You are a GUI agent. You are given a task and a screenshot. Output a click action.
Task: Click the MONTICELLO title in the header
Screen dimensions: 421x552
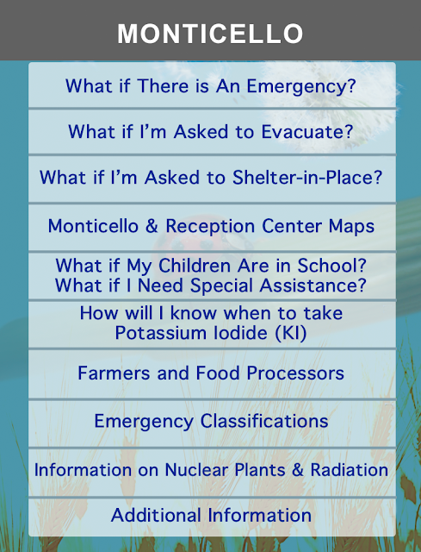[210, 34]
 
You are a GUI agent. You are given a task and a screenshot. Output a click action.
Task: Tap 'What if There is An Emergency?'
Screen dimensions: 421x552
[211, 86]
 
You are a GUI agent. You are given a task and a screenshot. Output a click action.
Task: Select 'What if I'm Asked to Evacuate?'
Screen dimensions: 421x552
[211, 132]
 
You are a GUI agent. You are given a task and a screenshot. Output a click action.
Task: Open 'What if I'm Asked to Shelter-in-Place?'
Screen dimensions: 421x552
[211, 177]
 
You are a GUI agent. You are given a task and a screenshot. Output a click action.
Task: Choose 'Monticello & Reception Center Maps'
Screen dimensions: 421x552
[211, 226]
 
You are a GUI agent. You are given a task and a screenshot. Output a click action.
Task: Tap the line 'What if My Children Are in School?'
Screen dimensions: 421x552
[211, 266]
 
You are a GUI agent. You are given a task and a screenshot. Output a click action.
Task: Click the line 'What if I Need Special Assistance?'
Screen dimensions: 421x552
[211, 285]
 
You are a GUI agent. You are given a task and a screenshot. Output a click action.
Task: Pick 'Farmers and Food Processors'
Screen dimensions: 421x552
[211, 373]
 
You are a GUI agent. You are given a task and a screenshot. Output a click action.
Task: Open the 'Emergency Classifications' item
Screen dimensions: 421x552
[211, 422]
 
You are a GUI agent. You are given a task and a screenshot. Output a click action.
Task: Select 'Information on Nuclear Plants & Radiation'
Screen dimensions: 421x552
[211, 470]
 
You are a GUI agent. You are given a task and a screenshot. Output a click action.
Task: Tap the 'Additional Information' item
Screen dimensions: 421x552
[211, 515]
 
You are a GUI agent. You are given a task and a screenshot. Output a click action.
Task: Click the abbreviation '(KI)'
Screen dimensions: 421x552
[291, 333]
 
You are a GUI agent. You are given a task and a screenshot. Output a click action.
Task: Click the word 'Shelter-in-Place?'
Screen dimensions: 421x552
[307, 177]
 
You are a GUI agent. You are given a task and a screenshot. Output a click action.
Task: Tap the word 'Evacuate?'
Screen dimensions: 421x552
[307, 132]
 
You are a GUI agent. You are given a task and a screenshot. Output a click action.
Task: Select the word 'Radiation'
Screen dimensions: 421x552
[350, 470]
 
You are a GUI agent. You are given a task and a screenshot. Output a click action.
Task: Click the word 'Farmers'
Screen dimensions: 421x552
[114, 373]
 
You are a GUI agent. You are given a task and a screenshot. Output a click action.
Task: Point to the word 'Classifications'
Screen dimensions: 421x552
[264, 421]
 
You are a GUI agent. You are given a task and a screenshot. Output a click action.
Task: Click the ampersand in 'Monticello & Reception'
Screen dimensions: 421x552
[152, 226]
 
